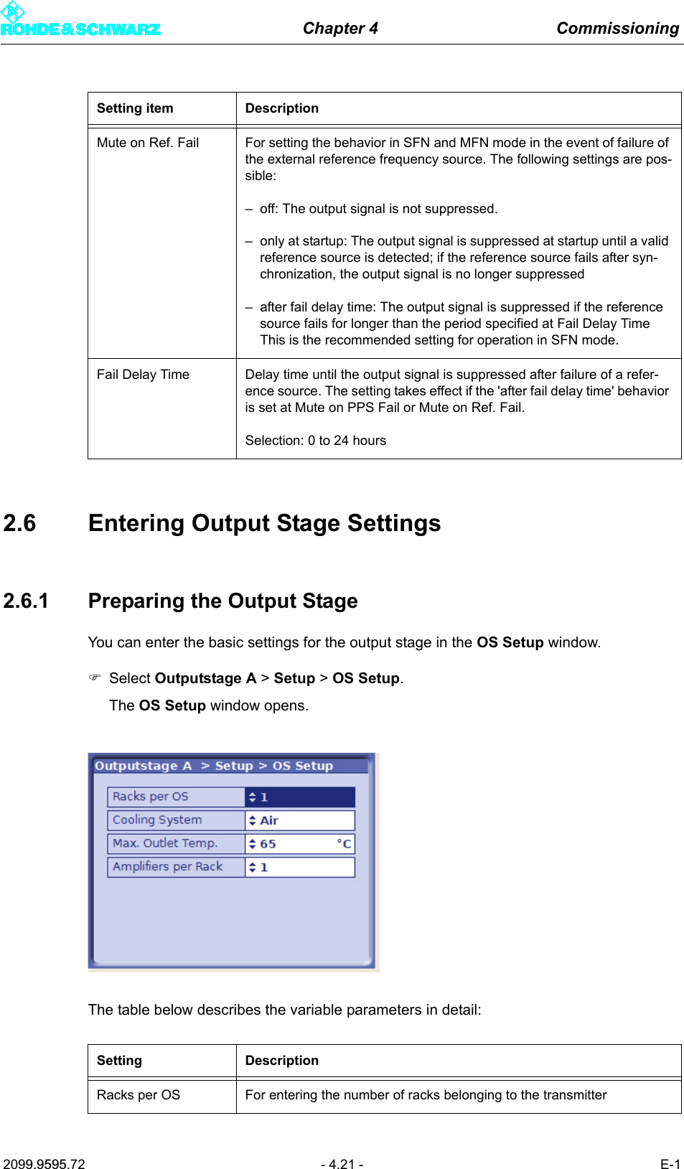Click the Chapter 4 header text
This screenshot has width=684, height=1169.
pyautogui.click(x=340, y=28)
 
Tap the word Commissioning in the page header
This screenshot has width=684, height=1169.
pyautogui.click(x=617, y=28)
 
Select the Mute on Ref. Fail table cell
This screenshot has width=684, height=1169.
pyautogui.click(x=148, y=143)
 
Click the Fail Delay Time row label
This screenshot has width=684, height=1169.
pyautogui.click(x=143, y=375)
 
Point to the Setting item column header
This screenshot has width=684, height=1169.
pyautogui.click(x=135, y=108)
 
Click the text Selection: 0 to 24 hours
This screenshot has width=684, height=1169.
pyautogui.click(x=315, y=441)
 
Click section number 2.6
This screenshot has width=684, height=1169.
pyautogui.click(x=19, y=523)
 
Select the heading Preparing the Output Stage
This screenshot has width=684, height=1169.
pyautogui.click(x=222, y=601)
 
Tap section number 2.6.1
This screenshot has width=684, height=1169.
pyautogui.click(x=26, y=601)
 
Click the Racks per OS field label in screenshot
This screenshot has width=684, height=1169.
pyautogui.click(x=151, y=797)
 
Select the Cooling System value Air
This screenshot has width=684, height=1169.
pyautogui.click(x=269, y=820)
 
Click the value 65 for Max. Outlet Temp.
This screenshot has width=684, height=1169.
pyautogui.click(x=268, y=844)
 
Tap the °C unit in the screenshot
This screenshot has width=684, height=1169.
pyautogui.click(x=344, y=844)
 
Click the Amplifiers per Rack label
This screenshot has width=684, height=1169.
pyautogui.click(x=167, y=867)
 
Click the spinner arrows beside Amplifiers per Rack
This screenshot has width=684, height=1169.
pyautogui.click(x=252, y=868)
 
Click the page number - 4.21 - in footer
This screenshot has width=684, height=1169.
pyautogui.click(x=342, y=1164)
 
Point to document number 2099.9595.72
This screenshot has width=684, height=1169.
pyautogui.click(x=44, y=1164)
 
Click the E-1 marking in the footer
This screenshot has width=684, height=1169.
pyautogui.click(x=670, y=1164)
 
